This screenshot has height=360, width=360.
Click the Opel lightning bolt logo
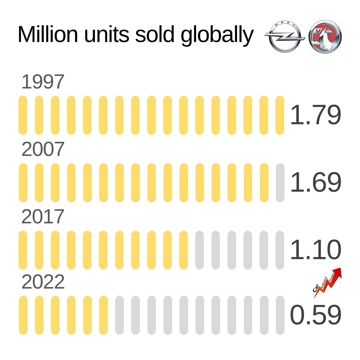[x=284, y=37]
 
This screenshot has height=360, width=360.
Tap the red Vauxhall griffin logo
[x=325, y=37]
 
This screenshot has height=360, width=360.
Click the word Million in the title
[x=48, y=34]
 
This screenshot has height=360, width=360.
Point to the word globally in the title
[x=217, y=35]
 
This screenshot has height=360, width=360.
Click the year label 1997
[x=43, y=82]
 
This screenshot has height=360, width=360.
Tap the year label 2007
[x=43, y=149]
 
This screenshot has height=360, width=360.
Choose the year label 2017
[x=43, y=217]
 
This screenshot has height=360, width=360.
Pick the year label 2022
[x=43, y=282]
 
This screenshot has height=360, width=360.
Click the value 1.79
[x=316, y=115]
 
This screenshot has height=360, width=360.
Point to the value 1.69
[x=316, y=182]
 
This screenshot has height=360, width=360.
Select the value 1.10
[x=316, y=250]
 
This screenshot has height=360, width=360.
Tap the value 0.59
[x=316, y=315]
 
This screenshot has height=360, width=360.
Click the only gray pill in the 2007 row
[x=280, y=183]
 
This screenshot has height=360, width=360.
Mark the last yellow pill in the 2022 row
[x=103, y=315]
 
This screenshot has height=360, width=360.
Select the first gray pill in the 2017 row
[x=200, y=250]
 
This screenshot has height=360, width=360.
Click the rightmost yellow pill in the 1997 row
[x=280, y=115]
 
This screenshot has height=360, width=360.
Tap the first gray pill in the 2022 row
[x=119, y=315]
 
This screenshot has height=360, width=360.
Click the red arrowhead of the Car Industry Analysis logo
[x=338, y=272]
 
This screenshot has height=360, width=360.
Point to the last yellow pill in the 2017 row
[x=184, y=250]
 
